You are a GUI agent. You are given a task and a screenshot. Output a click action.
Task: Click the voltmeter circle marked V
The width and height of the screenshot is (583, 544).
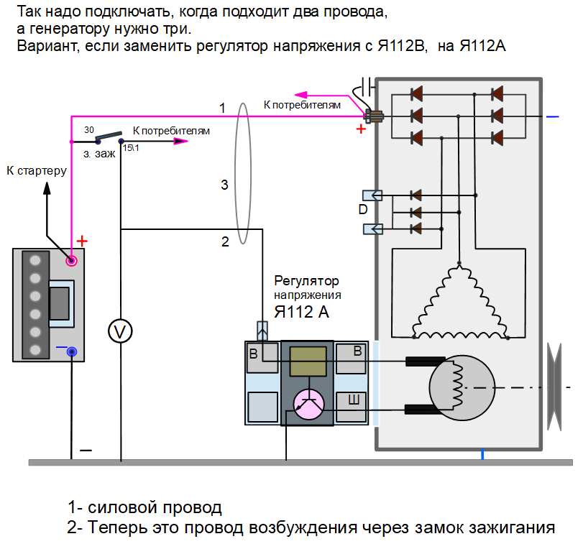121,331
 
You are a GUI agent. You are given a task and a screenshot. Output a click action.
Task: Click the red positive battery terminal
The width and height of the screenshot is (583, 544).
72,261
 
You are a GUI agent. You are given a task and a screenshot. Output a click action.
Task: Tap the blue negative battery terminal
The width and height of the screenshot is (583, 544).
72,352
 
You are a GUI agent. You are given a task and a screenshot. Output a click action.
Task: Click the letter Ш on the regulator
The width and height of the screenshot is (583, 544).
354,400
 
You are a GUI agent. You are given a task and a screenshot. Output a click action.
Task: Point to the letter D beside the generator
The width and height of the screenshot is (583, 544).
363,211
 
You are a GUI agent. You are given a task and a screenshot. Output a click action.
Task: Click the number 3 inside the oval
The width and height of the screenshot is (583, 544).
224,185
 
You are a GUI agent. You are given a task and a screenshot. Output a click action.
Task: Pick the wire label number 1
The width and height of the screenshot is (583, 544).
223,108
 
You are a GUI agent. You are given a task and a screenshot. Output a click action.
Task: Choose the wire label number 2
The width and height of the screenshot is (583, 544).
225,241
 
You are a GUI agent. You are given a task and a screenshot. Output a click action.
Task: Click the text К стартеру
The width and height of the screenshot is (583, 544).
36,170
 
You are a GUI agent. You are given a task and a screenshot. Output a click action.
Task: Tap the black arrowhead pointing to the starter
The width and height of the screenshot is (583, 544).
47,187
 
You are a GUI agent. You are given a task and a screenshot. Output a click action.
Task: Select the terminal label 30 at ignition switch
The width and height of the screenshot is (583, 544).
88,130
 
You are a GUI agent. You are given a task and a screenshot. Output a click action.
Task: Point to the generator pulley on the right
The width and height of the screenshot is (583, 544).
554,387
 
